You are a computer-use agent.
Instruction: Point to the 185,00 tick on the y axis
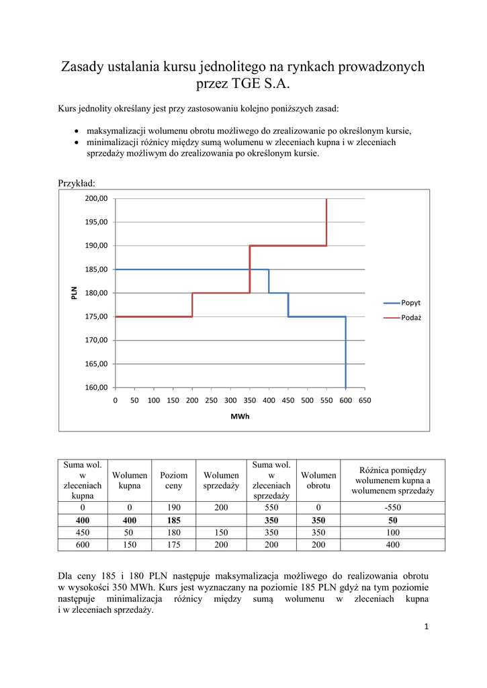point(96,269)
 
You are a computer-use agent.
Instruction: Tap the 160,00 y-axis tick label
point(96,388)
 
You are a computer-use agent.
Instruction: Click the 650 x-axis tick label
point(365,400)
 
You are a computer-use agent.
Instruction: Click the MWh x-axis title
point(240,417)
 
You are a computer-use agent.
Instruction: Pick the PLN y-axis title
point(74,293)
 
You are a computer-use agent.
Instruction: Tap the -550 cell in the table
point(393,508)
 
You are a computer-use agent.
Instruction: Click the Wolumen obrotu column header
point(318,480)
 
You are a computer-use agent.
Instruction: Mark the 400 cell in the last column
point(393,545)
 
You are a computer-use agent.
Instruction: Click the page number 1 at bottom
point(426,627)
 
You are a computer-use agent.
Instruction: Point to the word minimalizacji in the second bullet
point(111,142)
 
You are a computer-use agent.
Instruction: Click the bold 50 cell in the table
point(393,521)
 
